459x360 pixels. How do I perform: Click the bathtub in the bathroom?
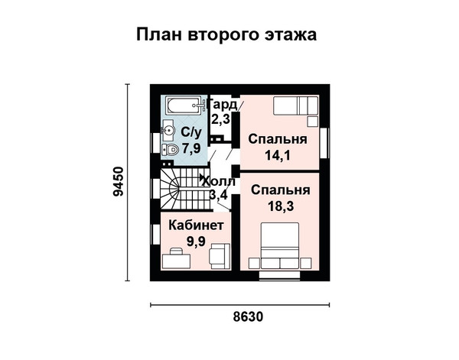pos(186,105)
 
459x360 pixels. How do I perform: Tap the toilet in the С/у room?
pos(170,150)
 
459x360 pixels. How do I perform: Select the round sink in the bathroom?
pos(168,131)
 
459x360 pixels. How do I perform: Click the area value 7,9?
pos(191,148)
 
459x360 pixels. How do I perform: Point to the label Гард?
pos(223,105)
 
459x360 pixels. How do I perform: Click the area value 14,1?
pos(278,155)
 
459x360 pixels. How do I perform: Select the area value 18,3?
pos(281,206)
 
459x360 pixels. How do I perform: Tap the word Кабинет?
pos(197,225)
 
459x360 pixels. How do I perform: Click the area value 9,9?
pos(196,242)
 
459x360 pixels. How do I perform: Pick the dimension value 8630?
pos(248,316)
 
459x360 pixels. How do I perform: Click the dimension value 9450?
pos(119,181)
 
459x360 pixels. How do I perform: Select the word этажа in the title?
pos(291,34)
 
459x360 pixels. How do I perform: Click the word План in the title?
pos(160,34)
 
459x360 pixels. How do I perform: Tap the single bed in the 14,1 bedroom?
pos(295,105)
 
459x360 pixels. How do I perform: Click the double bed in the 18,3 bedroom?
pos(280,245)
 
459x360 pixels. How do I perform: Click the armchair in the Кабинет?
pos(220,257)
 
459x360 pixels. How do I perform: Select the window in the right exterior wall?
pos(324,143)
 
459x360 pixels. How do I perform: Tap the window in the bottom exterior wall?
pos(279,274)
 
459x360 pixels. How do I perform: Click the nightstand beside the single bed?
pos(312,122)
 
